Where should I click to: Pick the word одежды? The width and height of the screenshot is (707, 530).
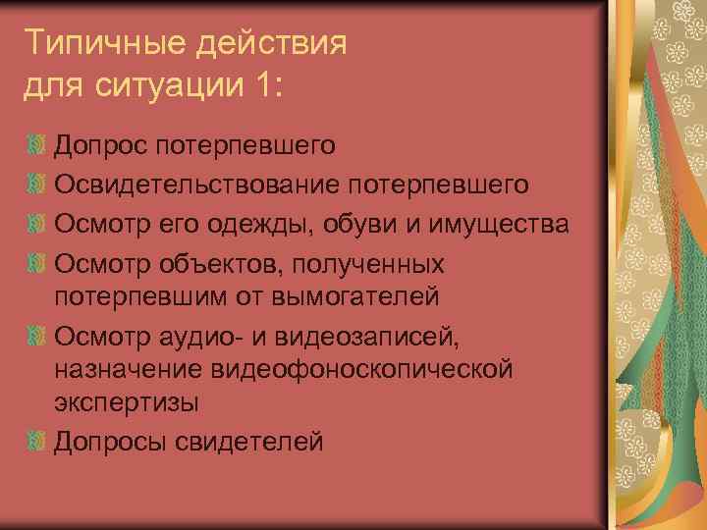click(268, 225)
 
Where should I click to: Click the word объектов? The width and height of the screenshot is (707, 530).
click(208, 264)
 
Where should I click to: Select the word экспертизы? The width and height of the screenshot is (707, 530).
click(126, 402)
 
